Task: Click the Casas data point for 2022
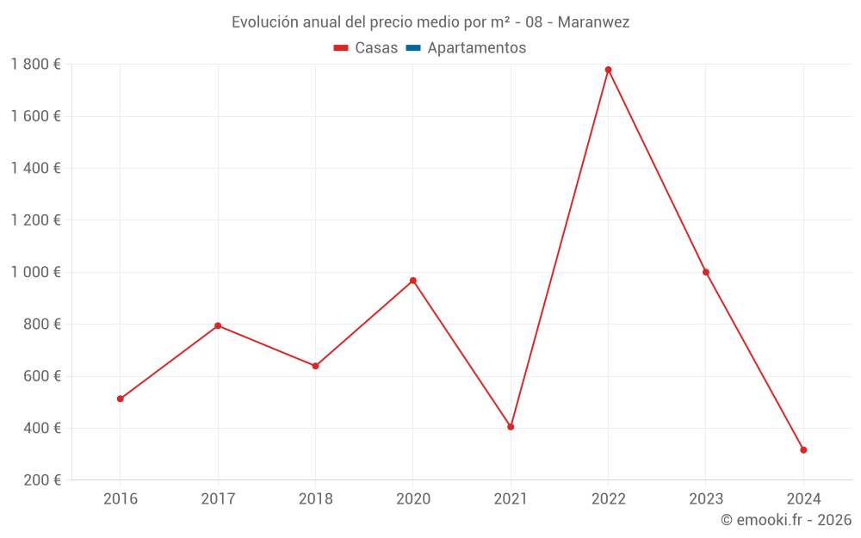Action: pyautogui.click(x=608, y=70)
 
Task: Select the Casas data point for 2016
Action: pyautogui.click(x=121, y=399)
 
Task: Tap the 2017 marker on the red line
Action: pyautogui.click(x=218, y=325)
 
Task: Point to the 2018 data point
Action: pyautogui.click(x=315, y=366)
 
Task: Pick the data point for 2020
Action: pyautogui.click(x=413, y=281)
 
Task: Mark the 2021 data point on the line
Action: pyautogui.click(x=511, y=427)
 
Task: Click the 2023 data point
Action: pyautogui.click(x=706, y=272)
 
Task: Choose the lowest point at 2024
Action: pyautogui.click(x=803, y=450)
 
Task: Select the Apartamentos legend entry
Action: pyautogui.click(x=476, y=48)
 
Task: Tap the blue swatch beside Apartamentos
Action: pyautogui.click(x=413, y=48)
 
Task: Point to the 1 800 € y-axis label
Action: pyautogui.click(x=35, y=65)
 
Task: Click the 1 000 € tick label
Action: pyautogui.click(x=35, y=272)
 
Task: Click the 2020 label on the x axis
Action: pyautogui.click(x=413, y=498)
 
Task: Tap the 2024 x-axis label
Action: pyautogui.click(x=803, y=498)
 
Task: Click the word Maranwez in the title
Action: pyautogui.click(x=593, y=22)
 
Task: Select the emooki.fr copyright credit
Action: pyautogui.click(x=786, y=520)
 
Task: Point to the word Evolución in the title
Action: pyautogui.click(x=263, y=22)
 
